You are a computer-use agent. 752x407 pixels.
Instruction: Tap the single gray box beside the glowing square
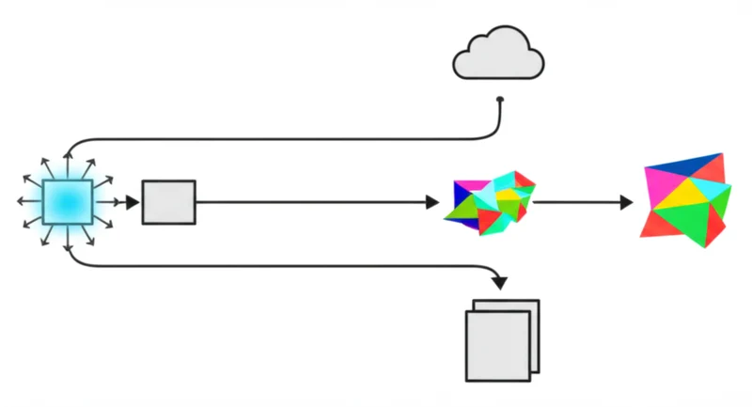click(x=168, y=202)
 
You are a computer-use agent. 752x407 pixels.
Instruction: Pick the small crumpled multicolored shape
click(x=490, y=201)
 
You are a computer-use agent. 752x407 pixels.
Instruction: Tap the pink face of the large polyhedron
click(x=658, y=222)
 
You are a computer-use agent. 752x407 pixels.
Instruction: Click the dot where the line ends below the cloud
click(x=500, y=100)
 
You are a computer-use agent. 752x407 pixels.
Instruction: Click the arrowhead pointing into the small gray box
click(x=133, y=202)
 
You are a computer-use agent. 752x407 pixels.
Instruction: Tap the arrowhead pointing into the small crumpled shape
click(x=432, y=202)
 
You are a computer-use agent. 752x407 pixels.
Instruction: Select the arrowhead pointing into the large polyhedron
click(x=626, y=202)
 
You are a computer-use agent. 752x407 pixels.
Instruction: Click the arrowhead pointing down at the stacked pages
click(x=500, y=281)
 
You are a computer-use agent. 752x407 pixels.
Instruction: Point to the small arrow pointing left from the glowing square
click(x=23, y=201)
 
